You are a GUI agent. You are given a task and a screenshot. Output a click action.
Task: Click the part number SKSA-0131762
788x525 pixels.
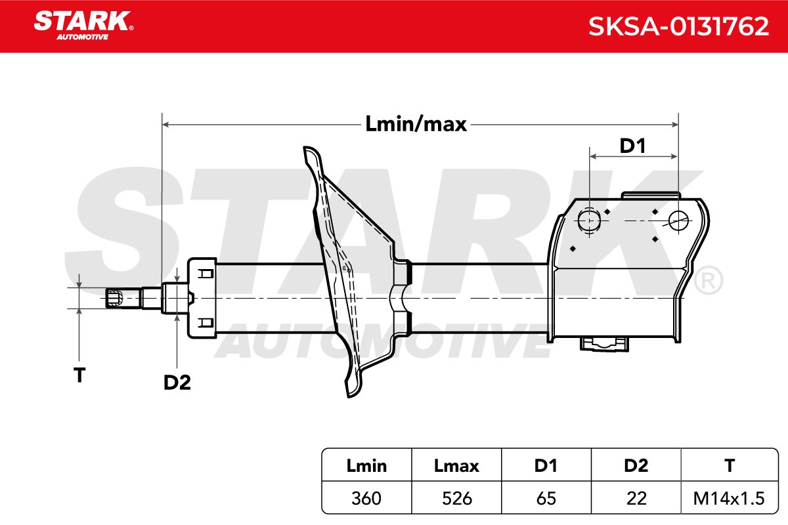[x=678, y=26]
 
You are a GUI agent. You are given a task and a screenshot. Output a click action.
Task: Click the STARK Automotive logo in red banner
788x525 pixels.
[x=84, y=26]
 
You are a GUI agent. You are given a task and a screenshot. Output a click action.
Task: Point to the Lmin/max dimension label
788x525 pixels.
[x=416, y=125]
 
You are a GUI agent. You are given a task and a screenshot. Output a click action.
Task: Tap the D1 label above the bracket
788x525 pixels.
[x=632, y=146]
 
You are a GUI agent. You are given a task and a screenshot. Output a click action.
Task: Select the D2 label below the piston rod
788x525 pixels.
[x=177, y=383]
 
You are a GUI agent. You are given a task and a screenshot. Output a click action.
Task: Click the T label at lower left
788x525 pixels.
[x=79, y=375]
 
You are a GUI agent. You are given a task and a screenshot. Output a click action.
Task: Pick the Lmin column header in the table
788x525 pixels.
[x=366, y=466]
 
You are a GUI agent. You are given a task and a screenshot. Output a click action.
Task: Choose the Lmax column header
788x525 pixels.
[x=456, y=466]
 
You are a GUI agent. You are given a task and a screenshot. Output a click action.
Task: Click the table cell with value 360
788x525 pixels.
[x=366, y=499]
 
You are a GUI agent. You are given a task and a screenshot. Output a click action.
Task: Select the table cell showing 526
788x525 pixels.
[x=456, y=499]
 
